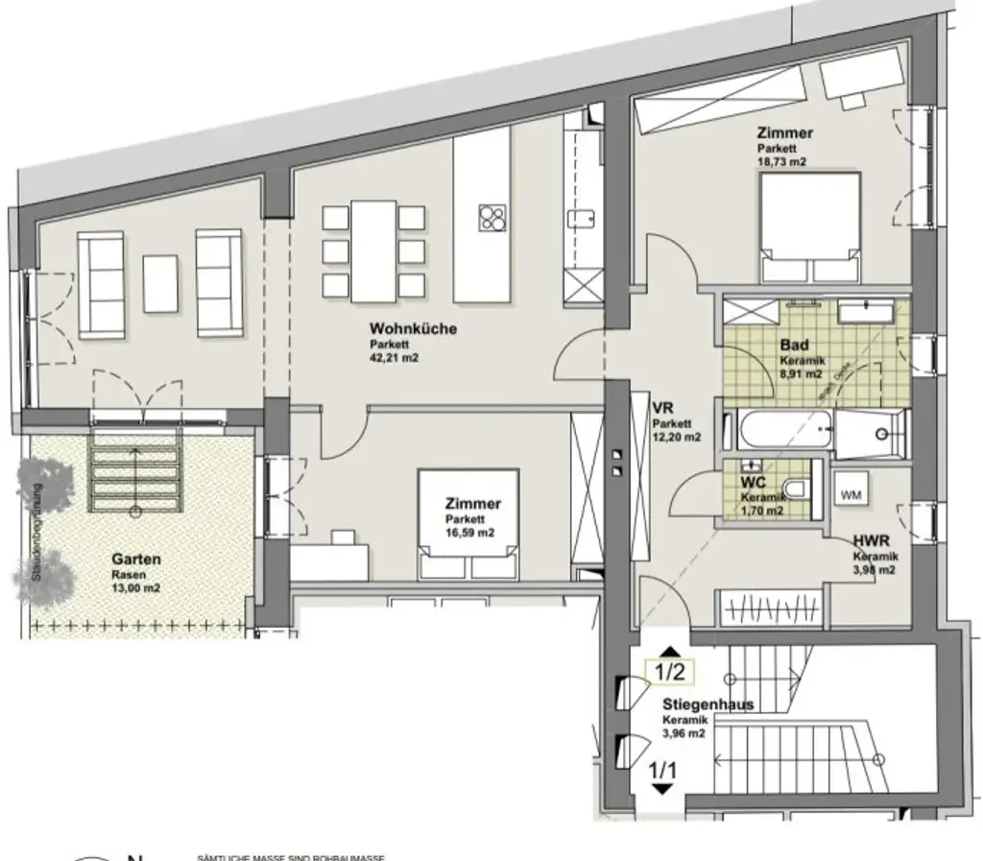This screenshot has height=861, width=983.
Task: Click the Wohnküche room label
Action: point(413,329)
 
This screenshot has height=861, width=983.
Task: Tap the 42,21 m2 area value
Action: point(395,358)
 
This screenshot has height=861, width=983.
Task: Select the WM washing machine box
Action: point(851,495)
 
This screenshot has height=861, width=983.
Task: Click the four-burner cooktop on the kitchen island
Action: point(492,218)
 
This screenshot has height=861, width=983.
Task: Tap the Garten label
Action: point(135,561)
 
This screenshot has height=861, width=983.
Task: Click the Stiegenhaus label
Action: point(707,705)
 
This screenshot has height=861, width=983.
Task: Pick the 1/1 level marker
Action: point(661,768)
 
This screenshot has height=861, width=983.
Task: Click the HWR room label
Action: point(871,541)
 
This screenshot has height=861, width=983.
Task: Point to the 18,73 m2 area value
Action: point(781,162)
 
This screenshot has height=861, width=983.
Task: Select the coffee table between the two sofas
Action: point(160,282)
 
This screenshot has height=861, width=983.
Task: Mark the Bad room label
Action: point(794,345)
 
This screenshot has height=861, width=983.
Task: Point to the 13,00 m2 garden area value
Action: point(135,589)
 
